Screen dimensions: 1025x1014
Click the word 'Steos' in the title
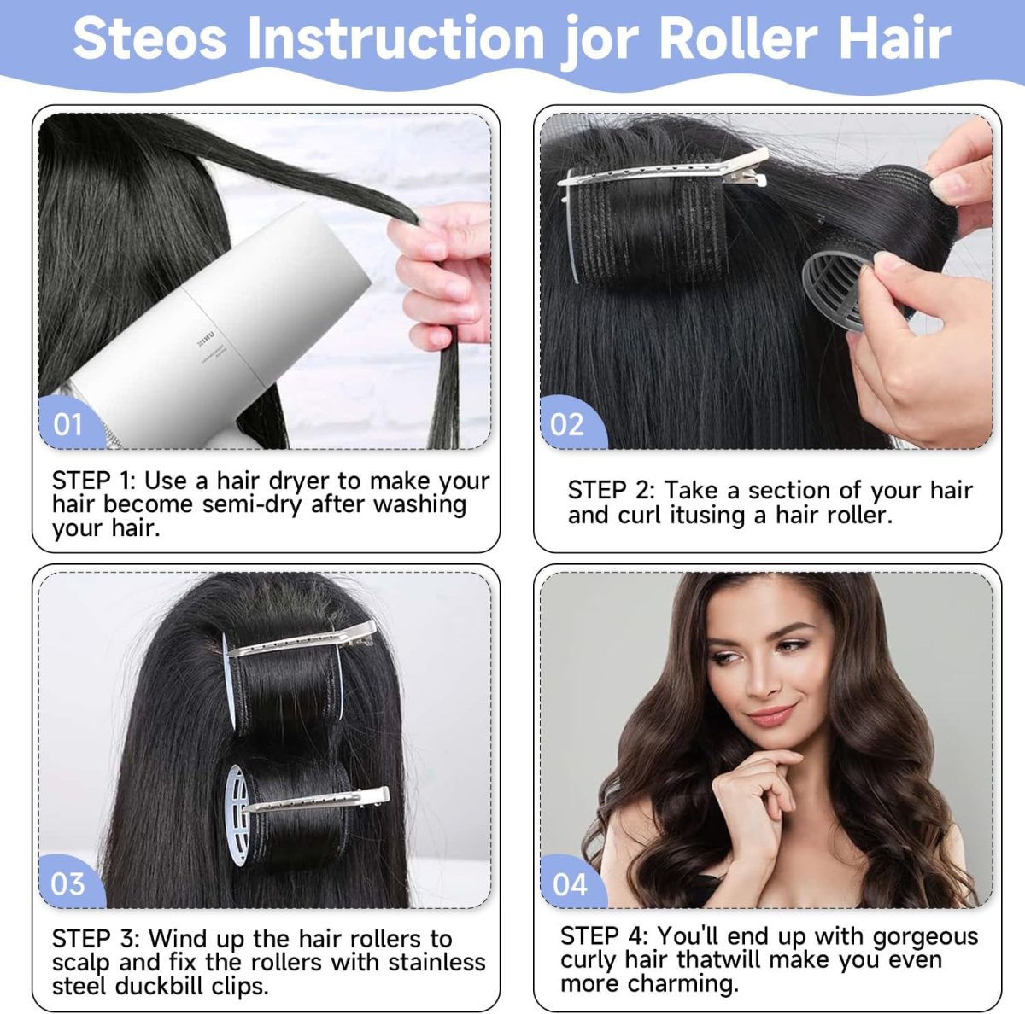click(149, 38)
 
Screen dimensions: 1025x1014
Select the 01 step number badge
click(67, 424)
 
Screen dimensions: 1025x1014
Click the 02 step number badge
click(569, 424)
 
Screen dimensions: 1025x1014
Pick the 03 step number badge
click(67, 883)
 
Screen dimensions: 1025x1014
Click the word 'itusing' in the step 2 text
click(706, 516)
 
